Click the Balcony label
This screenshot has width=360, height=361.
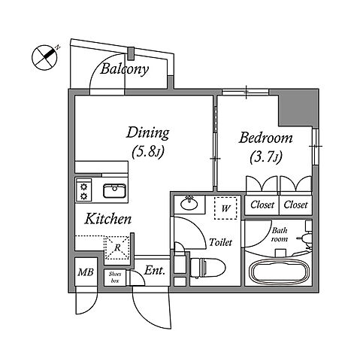point(124,69)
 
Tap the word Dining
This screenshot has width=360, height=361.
point(147,133)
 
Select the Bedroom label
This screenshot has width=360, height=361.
point(265,138)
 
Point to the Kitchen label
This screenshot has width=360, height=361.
point(107,219)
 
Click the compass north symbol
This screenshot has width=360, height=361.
point(45,57)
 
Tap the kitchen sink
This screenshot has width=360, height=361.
point(114,191)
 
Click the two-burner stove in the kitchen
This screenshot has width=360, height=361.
point(83,190)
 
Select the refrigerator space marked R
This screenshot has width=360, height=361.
point(117,248)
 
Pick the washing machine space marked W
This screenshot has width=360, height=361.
point(225,208)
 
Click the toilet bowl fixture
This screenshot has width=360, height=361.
point(207,268)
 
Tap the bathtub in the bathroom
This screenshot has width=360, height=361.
point(279,272)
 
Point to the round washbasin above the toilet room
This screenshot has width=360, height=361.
point(189,203)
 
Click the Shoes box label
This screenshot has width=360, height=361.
point(115,278)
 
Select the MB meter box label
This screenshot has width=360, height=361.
point(86,272)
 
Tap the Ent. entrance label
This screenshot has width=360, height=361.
point(155,271)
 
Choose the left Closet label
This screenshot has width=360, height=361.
point(262,205)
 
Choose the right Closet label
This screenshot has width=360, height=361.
point(295,205)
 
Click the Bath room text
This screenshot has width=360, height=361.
point(280,235)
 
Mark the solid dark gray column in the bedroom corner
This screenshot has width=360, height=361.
point(298,108)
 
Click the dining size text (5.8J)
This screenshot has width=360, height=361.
point(147,152)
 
